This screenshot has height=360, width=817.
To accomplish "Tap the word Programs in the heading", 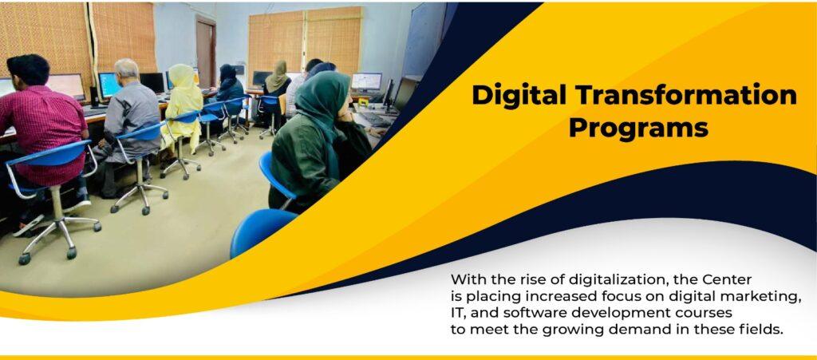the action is (x=638, y=127).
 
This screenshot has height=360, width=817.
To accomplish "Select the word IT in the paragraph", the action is (x=458, y=314).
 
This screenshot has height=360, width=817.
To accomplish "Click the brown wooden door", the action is (x=205, y=53).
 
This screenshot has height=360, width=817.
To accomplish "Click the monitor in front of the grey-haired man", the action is (x=110, y=85).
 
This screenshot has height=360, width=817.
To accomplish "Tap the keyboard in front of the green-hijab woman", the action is (x=376, y=119).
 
